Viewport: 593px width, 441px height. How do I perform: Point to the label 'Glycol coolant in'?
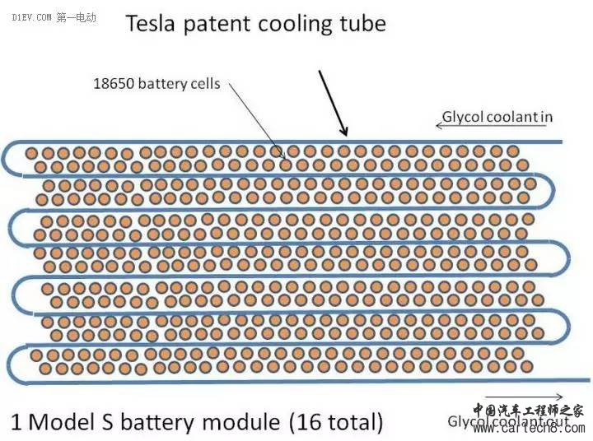tap(497, 117)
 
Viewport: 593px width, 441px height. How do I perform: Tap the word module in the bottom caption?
tap(239, 422)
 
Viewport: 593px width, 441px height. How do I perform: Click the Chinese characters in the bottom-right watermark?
tap(528, 411)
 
